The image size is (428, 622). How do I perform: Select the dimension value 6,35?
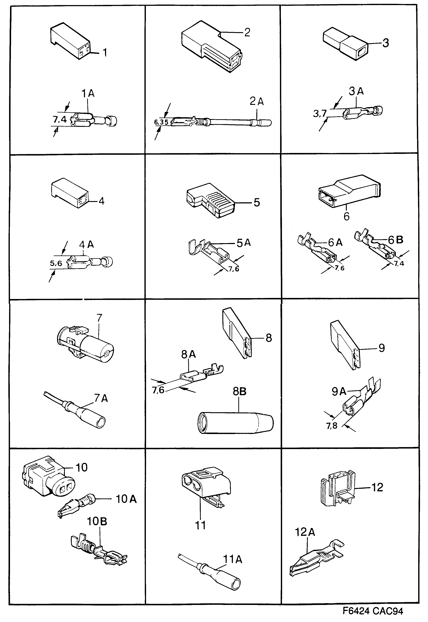coord(161,122)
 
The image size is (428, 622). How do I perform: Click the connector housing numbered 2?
coord(211,47)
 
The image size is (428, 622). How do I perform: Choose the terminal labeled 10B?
coord(99,549)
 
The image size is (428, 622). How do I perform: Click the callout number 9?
coord(382,348)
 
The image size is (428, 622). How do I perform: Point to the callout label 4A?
coord(86,244)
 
